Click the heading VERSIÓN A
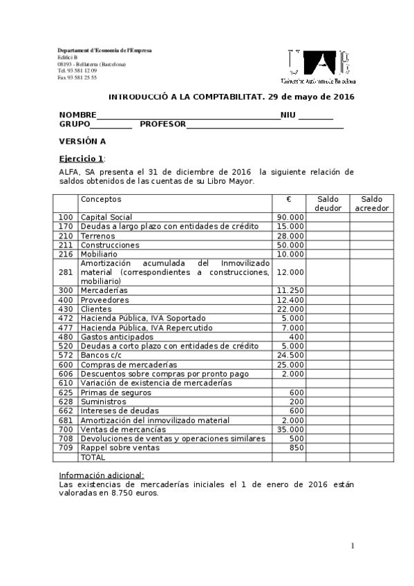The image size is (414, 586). (82, 141)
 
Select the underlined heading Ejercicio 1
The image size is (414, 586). (81, 158)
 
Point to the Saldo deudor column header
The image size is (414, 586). (328, 203)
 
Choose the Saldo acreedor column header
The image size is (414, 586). (371, 203)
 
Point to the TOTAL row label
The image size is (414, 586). (93, 457)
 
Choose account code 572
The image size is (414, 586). (66, 355)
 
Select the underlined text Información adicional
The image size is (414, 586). (102, 475)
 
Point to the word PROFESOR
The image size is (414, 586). (163, 124)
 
